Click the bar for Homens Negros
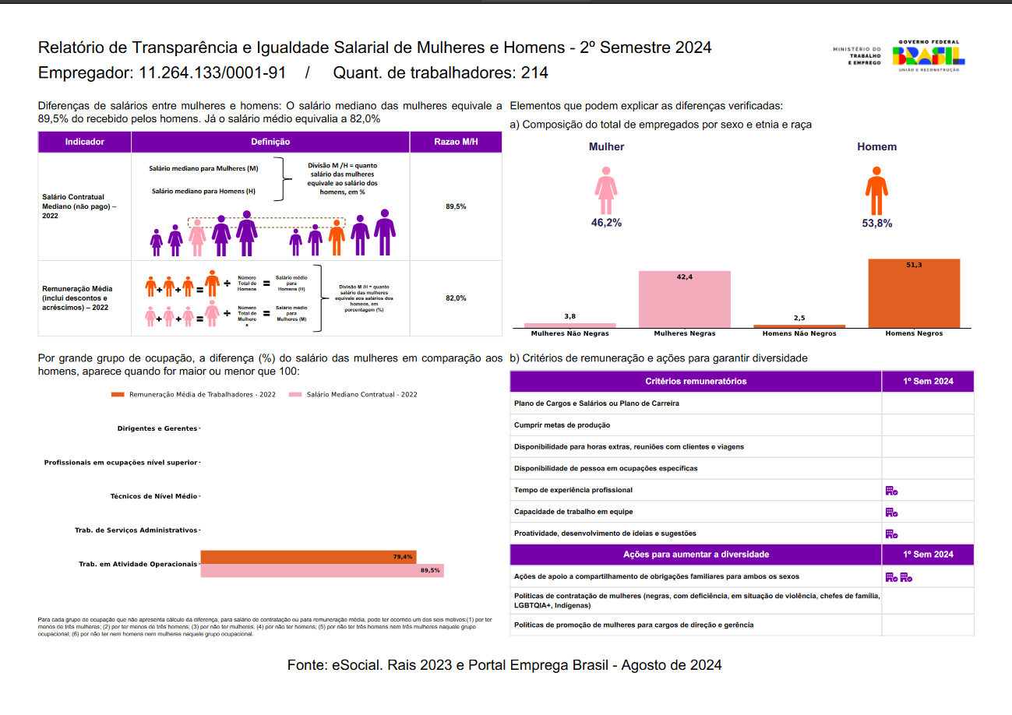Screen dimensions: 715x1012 pos(914,293)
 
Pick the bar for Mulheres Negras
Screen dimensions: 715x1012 pos(685,299)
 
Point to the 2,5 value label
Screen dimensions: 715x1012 pos(799,318)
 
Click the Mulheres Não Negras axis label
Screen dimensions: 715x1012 pos(570,333)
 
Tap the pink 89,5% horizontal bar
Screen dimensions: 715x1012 pos(323,570)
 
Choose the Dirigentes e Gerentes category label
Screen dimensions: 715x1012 pos(157,428)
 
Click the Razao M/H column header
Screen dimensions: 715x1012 pos(456,142)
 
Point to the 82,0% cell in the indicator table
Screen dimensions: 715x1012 pos(456,298)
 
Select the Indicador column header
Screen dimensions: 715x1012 pos(85,142)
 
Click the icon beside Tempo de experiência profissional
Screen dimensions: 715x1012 pos(891,491)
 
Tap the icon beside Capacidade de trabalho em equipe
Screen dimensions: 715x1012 pos(891,512)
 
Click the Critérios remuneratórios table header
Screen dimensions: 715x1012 pos(696,382)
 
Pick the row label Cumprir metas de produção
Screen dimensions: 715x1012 pos(562,425)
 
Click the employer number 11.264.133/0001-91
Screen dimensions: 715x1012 pos(212,73)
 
